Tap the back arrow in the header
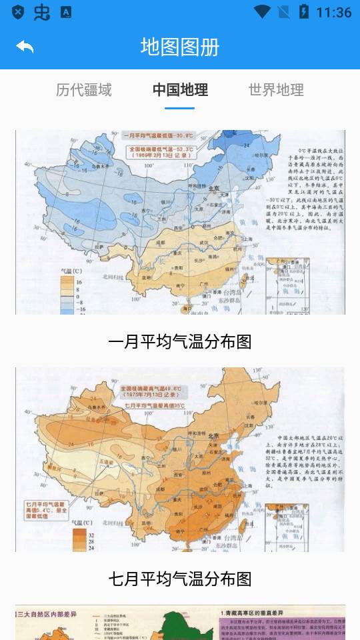[25, 47]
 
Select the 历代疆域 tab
[83, 90]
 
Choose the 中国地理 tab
[180, 90]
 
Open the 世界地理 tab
[276, 90]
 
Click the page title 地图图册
[180, 47]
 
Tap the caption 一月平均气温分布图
[180, 342]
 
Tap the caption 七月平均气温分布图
[180, 579]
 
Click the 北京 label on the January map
[213, 189]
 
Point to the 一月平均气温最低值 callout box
[158, 135]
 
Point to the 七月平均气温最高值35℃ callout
[153, 405]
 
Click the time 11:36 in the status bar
[333, 12]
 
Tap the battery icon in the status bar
[304, 12]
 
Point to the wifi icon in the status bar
[263, 12]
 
